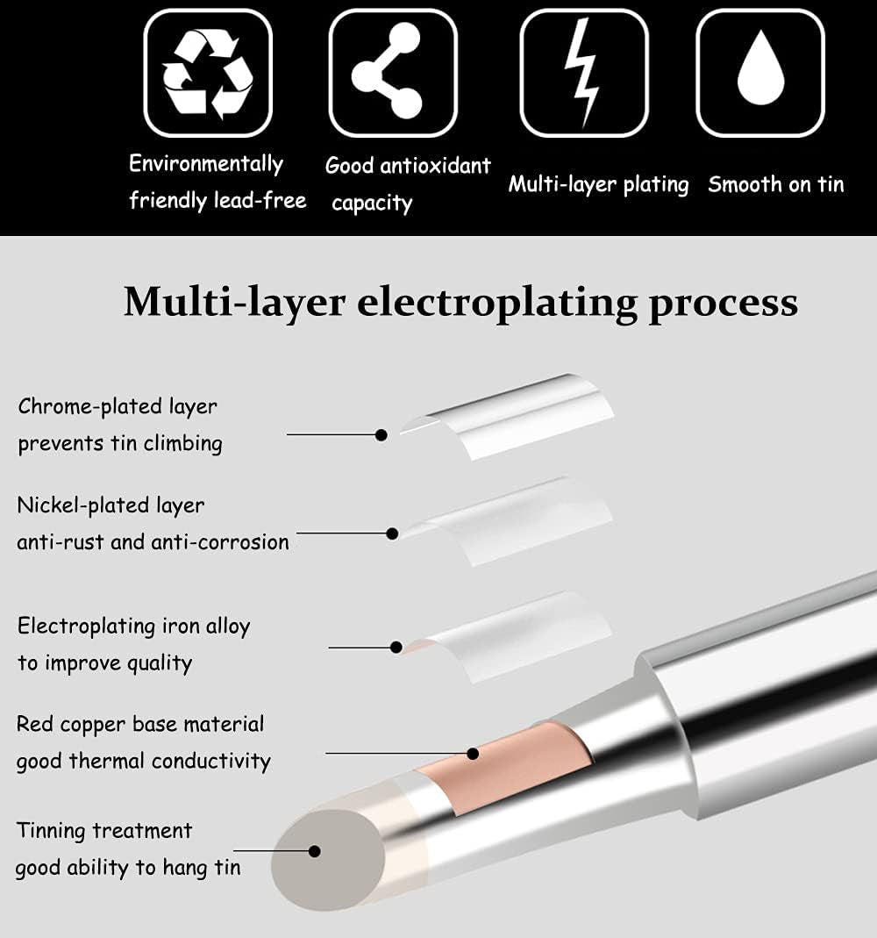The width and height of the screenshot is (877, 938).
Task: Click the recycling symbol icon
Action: click(208, 73)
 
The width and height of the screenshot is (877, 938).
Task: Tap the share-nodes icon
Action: click(392, 73)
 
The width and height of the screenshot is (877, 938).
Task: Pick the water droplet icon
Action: click(759, 73)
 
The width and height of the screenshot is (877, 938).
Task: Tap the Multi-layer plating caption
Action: click(598, 184)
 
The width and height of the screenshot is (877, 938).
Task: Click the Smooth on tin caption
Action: click(775, 184)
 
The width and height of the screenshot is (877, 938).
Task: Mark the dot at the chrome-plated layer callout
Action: click(381, 434)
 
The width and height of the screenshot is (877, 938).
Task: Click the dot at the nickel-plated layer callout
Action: click(393, 533)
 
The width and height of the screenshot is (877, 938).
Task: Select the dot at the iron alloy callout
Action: click(395, 648)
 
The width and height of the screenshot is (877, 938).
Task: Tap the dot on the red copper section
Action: click(473, 753)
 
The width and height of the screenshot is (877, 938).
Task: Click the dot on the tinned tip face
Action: click(315, 850)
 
